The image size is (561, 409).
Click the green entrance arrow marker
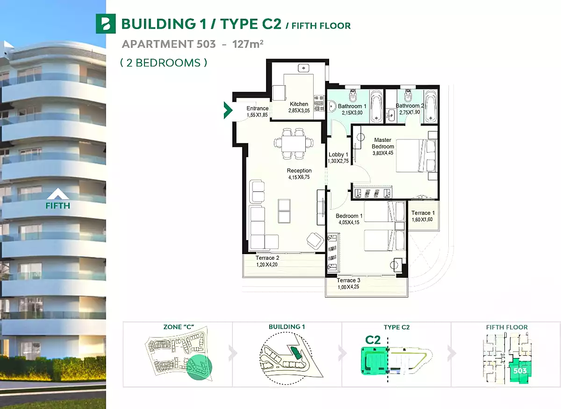(x=228, y=110)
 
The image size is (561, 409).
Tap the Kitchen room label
(x=299, y=104)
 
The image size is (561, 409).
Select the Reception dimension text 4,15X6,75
(x=299, y=177)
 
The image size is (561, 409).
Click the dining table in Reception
(x=294, y=144)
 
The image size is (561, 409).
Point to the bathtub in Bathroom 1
(x=376, y=107)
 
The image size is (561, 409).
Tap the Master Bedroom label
(x=383, y=143)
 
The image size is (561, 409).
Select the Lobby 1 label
(x=338, y=154)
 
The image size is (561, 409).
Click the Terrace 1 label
(x=423, y=213)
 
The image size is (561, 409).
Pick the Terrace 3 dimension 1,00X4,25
(x=348, y=287)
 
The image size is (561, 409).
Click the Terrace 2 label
(x=267, y=258)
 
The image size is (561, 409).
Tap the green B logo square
(x=106, y=24)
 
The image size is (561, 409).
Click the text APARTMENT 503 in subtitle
(x=169, y=44)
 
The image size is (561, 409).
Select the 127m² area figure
(x=248, y=44)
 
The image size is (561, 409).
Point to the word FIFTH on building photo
(x=58, y=205)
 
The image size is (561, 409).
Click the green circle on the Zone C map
(x=199, y=368)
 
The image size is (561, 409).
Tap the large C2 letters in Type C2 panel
(x=373, y=340)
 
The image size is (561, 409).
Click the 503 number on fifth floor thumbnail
(x=520, y=371)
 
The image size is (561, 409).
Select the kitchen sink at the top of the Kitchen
(x=303, y=68)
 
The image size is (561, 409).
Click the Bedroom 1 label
(x=349, y=216)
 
